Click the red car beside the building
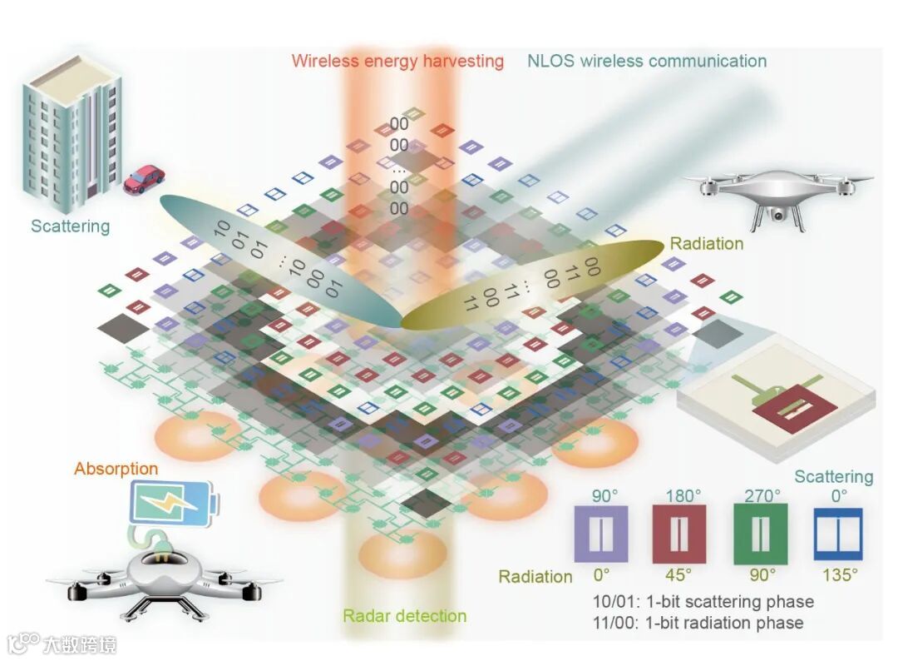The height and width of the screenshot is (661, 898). [144, 179]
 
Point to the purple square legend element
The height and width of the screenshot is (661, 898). [601, 534]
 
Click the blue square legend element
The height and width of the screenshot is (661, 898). [838, 534]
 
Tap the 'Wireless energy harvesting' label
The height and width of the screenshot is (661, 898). [397, 61]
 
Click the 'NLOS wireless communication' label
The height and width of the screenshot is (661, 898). [646, 61]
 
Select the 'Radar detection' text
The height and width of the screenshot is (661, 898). [404, 616]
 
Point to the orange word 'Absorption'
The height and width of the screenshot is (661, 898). [116, 469]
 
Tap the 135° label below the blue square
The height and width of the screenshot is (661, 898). [838, 574]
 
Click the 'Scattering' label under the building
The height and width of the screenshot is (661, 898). [70, 226]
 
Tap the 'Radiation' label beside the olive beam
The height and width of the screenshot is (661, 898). [706, 244]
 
